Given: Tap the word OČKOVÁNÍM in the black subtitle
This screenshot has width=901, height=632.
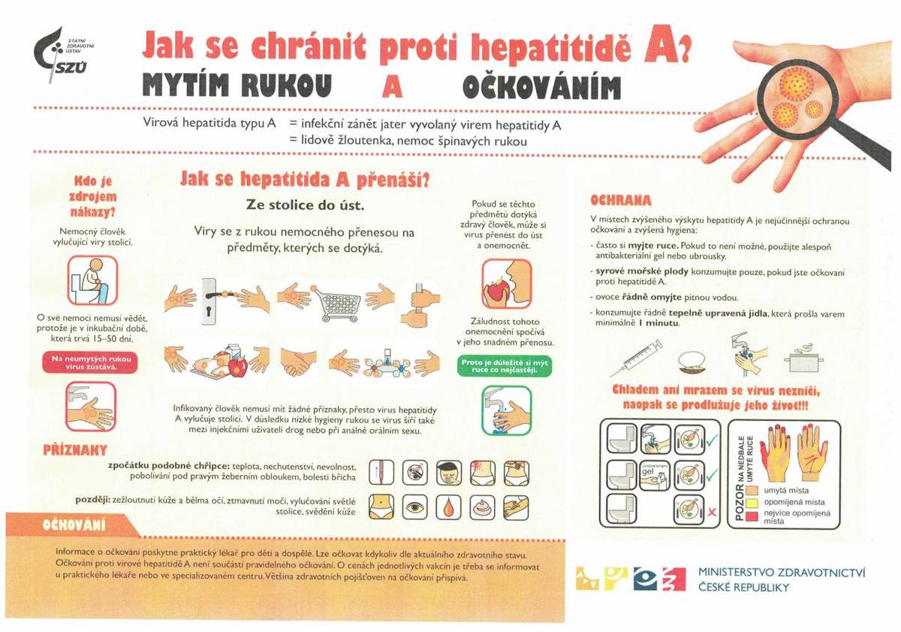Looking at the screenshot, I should (x=541, y=87).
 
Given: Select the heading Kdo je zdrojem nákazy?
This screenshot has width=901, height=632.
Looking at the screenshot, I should (x=95, y=196).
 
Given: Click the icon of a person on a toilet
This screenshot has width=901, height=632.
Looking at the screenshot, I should (x=92, y=280).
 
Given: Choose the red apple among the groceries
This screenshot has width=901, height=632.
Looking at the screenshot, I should (x=237, y=366).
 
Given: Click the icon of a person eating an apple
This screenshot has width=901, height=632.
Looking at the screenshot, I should (x=506, y=284).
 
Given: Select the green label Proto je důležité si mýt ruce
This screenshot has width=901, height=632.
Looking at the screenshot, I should (x=505, y=366).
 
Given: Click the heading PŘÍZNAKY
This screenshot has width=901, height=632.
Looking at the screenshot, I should (x=74, y=451).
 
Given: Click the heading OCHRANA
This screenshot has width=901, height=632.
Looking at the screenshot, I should (x=620, y=201).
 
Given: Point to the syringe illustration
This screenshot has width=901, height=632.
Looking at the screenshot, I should (x=635, y=358).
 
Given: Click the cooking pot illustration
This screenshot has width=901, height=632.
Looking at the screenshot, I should (x=800, y=360).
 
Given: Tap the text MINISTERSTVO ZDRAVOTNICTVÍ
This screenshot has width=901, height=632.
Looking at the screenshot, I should (x=781, y=573).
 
